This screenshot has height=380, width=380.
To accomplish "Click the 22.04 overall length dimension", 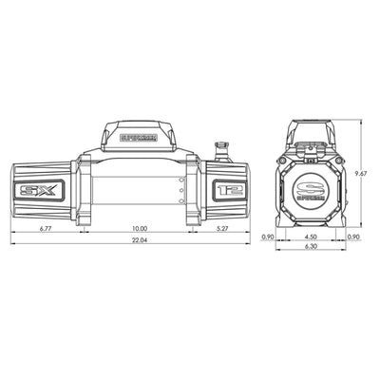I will (140, 241).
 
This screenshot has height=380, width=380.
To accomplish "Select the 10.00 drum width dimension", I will (140, 229).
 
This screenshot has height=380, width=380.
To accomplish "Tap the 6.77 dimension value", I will (45, 229).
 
